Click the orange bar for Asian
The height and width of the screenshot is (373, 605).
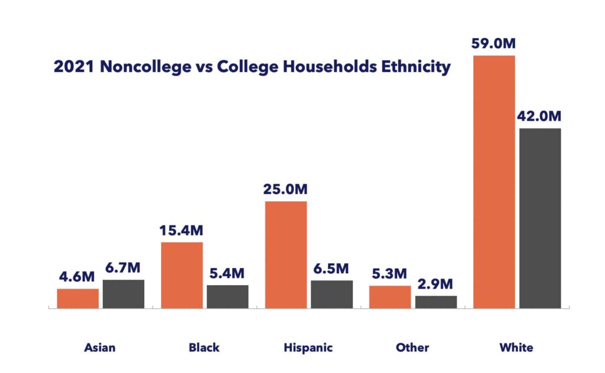click(78, 298)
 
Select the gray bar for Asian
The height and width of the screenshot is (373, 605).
click(123, 293)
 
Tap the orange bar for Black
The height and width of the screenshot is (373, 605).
click(182, 275)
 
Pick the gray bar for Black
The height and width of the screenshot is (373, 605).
click(227, 296)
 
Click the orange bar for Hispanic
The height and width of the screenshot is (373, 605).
click(286, 254)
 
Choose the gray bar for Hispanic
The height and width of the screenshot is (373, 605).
click(331, 294)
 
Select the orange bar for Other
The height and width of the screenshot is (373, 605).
click(390, 297)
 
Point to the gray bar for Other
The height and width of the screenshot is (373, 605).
click(436, 302)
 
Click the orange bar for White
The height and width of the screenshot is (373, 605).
click(495, 181)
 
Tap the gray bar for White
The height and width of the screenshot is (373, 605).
click(540, 218)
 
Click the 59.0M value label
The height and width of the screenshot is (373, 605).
click(494, 44)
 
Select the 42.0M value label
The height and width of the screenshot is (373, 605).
click(540, 116)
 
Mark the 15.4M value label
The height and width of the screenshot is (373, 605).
click(182, 230)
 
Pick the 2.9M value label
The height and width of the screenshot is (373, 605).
click(436, 284)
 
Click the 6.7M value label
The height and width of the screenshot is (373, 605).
click(123, 268)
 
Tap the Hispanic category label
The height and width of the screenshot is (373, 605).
click(308, 347)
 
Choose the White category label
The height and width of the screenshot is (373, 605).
click(516, 347)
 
